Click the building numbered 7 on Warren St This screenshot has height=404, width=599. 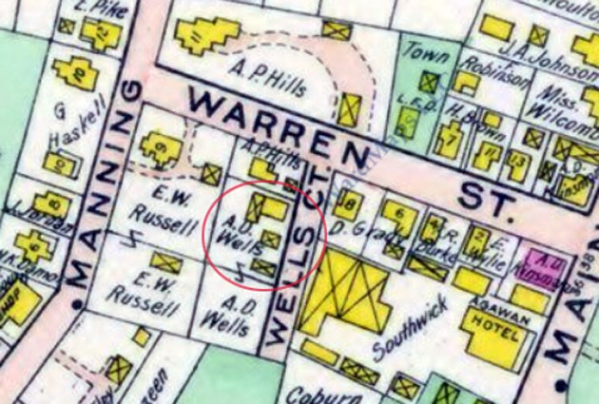tap(454, 142)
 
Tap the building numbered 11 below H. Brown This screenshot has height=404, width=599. tap(489, 152)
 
